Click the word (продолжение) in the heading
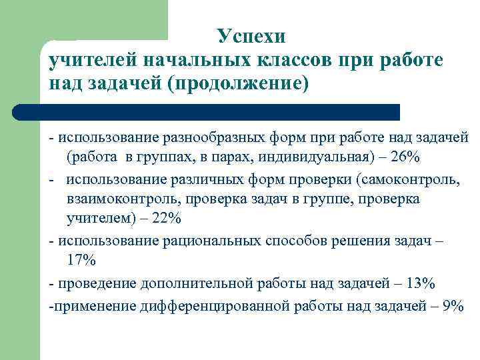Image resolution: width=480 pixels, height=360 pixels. click(x=239, y=85)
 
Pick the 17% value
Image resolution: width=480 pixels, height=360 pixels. click(x=81, y=259)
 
